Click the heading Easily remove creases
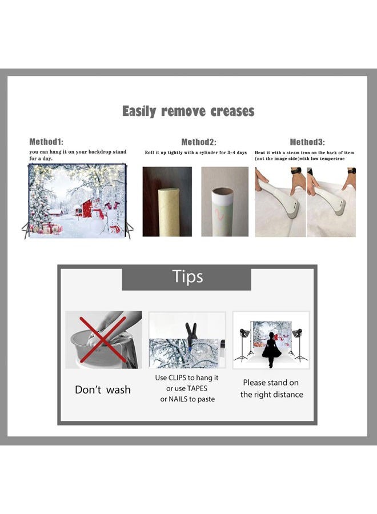pyautogui.click(x=188, y=111)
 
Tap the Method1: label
pyautogui.click(x=46, y=142)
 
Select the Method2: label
pyautogui.click(x=199, y=142)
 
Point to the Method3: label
pyautogui.click(x=307, y=142)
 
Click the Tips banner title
pyautogui.click(x=187, y=276)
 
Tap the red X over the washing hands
pyautogui.click(x=103, y=339)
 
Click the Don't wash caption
pyautogui.click(x=103, y=389)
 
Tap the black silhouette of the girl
pyautogui.click(x=271, y=350)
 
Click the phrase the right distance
pyautogui.click(x=271, y=394)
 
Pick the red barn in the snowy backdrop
pyautogui.click(x=86, y=208)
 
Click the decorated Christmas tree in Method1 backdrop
pyautogui.click(x=38, y=203)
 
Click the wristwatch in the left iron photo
pyautogui.click(x=296, y=171)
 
